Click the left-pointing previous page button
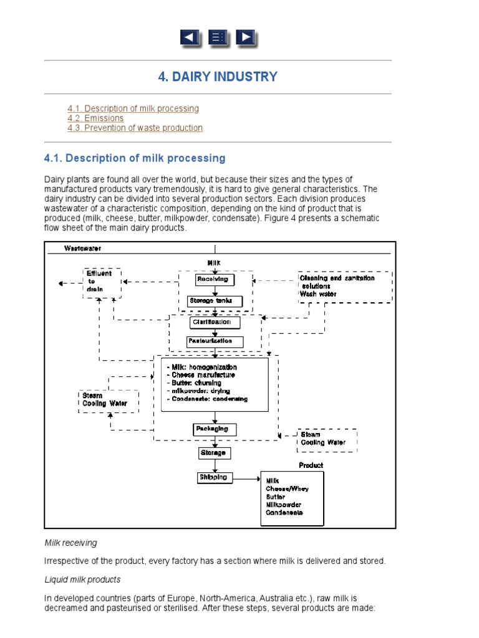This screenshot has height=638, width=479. click(x=190, y=38)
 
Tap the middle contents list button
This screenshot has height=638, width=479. click(x=218, y=38)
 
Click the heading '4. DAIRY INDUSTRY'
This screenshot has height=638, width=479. click(x=218, y=77)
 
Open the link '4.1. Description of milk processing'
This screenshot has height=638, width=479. click(x=133, y=108)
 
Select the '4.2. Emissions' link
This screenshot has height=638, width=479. click(x=95, y=118)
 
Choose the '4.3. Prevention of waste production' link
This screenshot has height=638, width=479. click(x=135, y=128)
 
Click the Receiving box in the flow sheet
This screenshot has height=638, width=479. click(x=212, y=279)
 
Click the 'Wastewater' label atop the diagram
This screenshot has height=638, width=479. click(x=83, y=248)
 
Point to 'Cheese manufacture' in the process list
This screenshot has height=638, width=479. click(x=201, y=375)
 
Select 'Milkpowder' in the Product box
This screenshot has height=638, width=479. click(x=284, y=504)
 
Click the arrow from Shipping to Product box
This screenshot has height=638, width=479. click(x=246, y=478)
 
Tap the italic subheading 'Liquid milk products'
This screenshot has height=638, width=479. click(x=82, y=579)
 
